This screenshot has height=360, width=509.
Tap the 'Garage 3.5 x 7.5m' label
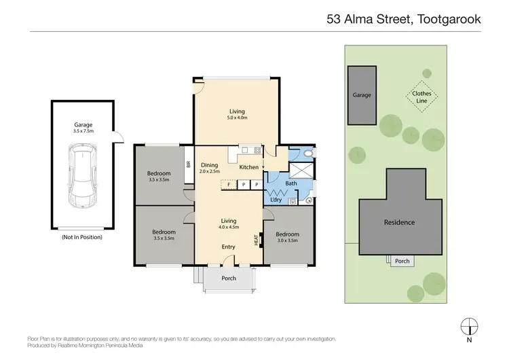point(83,128)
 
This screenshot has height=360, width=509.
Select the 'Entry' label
point(229,247)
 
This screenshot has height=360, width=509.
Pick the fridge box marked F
point(229,185)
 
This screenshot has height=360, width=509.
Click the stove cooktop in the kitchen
point(257,150)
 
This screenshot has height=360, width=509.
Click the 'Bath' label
point(292,183)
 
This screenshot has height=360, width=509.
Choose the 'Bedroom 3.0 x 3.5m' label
point(288,238)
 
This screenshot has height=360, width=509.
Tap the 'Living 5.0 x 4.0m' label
point(236,114)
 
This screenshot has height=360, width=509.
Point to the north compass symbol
point(469,325)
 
